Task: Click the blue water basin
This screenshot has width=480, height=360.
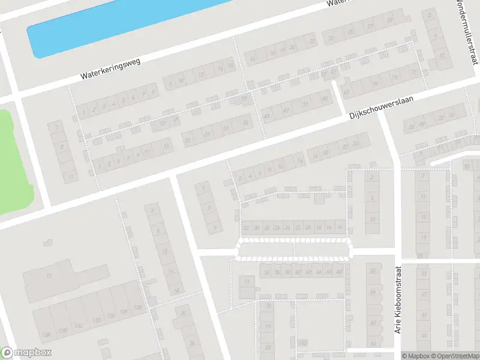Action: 120,24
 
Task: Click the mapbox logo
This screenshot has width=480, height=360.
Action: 26,353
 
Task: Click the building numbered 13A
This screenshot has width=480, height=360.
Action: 45,334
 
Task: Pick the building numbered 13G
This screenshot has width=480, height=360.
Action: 139,308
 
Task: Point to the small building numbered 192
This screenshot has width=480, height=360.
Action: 304,343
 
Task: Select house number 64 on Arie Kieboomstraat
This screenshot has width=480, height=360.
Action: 373,292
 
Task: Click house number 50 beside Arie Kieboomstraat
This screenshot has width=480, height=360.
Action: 373,271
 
